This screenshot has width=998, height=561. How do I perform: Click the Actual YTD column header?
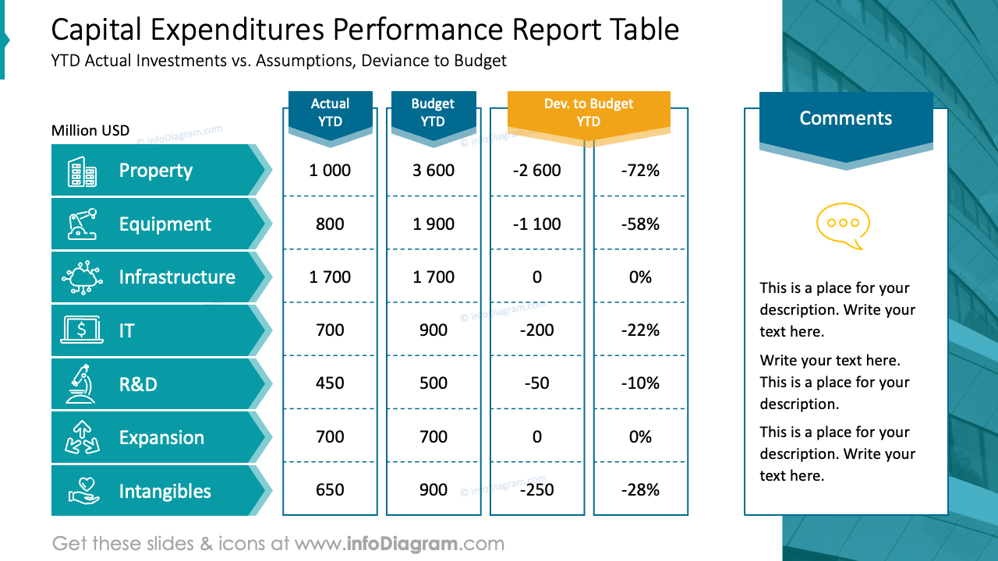coord(330,113)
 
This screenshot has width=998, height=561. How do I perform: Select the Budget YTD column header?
coord(433,113)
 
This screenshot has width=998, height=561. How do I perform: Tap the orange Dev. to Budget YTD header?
coord(589,113)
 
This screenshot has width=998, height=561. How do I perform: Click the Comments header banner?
coord(846,119)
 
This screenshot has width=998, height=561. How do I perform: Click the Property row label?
coord(155,171)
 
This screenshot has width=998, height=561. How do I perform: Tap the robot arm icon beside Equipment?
coord(82,224)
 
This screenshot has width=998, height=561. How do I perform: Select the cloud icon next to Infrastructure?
coord(82,277)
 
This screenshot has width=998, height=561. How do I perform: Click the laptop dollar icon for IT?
coord(82,330)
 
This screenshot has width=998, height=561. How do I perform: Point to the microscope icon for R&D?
coord(80,383)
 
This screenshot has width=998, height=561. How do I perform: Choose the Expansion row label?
coord(161,438)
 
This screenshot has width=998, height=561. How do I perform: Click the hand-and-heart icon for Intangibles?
coord(82,491)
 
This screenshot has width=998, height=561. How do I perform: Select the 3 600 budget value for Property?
coord(434,171)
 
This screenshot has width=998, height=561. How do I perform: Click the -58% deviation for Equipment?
coord(640,224)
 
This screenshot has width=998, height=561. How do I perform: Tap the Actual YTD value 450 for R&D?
coord(330,383)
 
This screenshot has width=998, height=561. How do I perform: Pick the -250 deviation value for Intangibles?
coord(536,490)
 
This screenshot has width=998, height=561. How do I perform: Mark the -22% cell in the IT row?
coord(640,330)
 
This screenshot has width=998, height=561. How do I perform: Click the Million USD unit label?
coord(90,131)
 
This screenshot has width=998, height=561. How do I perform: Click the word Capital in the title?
coord(96,30)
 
